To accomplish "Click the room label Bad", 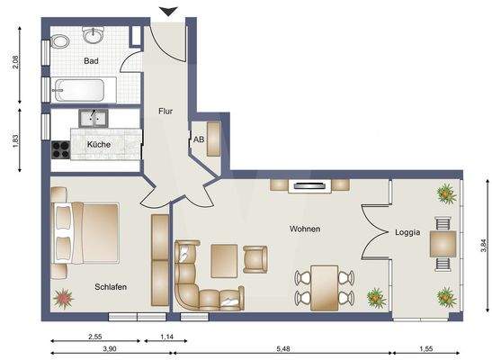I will tap(91, 61).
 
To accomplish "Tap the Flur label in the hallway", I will tap(166, 112).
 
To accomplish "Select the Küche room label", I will tap(98, 144).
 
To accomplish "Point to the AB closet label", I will tap(199, 139).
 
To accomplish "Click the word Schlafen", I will tap(110, 287).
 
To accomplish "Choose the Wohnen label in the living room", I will tap(305, 229).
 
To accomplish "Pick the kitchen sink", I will tap(93, 118).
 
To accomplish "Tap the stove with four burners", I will tap(60, 149).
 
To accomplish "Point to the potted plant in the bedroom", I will tap(64, 296).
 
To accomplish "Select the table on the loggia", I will tap(442, 244).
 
